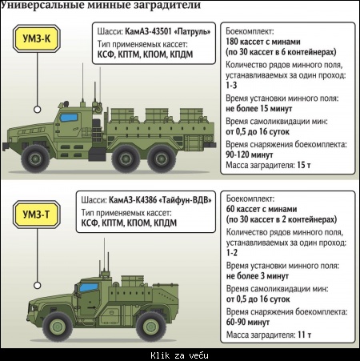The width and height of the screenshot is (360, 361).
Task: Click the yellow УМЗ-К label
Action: coord(37,38)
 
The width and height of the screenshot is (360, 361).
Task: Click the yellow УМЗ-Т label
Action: coord(37,215)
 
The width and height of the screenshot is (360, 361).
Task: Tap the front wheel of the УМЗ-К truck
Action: coord(35,158)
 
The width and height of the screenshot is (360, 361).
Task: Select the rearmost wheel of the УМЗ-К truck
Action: coord(162,158)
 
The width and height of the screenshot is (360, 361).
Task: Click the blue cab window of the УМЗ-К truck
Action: coord(69,118)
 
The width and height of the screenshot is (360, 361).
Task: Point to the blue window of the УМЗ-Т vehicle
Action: coord(89,287)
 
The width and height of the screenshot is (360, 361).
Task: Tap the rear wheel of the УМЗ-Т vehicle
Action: coord(151,327)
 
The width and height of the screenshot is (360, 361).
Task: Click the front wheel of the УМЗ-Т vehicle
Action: coord(58,327)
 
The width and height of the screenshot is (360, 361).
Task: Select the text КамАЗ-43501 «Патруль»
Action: coord(168,31)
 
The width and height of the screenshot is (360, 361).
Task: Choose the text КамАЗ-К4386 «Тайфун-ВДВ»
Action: coord(160,200)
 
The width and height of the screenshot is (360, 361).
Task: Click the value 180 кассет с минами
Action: coord(263,42)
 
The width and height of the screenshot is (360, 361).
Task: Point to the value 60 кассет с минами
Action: coord(262,209)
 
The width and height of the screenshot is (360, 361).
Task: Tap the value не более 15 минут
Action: coord(259,109)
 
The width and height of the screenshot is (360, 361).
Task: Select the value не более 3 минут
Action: coord(258,276)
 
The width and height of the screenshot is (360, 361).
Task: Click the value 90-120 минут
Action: coord(250,154)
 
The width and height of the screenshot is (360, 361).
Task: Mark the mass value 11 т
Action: coord(304,335)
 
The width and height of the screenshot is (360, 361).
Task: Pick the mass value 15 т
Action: coord(304,165)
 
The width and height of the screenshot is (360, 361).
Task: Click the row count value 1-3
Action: coord(231,85)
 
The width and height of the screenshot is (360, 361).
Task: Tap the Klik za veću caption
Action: coord(179,355)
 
